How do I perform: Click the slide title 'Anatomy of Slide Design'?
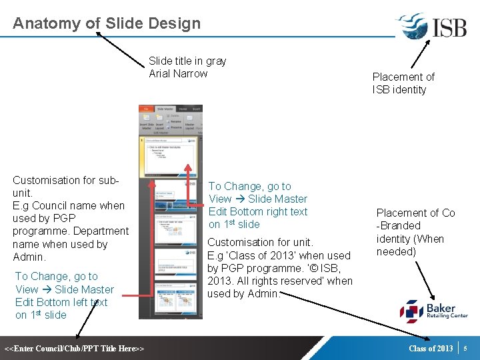[107, 23]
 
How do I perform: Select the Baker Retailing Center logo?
[433, 311]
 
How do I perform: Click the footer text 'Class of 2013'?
[431, 348]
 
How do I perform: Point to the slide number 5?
[466, 348]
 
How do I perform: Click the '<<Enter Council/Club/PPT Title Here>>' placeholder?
[75, 349]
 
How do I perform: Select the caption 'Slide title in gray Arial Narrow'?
[187, 67]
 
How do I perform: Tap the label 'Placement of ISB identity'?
[403, 83]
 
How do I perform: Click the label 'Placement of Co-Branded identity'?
[415, 232]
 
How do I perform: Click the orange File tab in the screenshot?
[144, 109]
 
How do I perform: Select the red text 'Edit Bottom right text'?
[258, 211]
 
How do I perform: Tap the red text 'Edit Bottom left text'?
[61, 302]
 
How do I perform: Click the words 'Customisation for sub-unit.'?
[65, 186]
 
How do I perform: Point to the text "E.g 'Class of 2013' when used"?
[279, 255]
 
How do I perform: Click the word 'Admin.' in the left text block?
[29, 257]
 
